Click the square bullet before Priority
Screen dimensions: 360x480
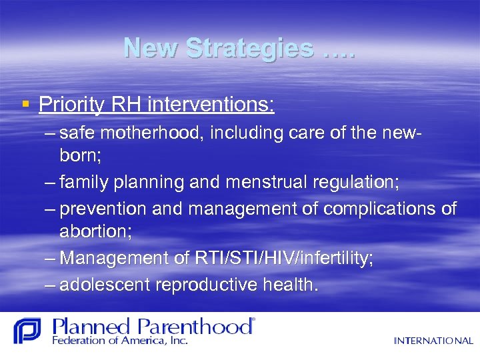click(25, 104)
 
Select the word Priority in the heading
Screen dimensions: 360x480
click(71, 104)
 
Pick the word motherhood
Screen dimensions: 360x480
click(156, 133)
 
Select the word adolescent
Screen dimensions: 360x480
click(105, 285)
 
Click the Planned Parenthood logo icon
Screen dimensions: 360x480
click(27, 331)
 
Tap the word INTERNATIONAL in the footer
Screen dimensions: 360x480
click(433, 341)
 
